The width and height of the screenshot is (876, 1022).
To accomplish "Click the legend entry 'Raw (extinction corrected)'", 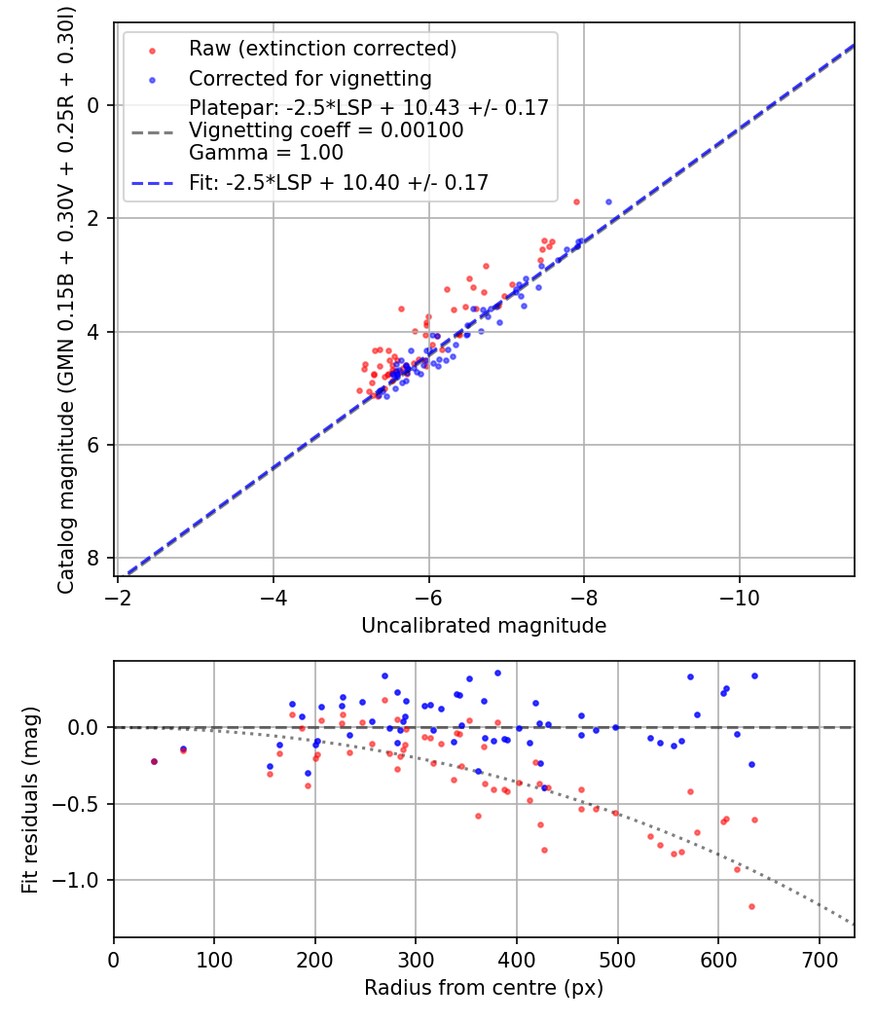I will pos(322,49).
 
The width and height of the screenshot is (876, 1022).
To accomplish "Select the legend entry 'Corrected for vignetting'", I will pos(310,78).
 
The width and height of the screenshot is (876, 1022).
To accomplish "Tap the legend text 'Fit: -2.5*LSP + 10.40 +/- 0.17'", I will pos(338,182).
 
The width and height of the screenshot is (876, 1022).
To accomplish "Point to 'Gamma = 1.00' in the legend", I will pos(266,152).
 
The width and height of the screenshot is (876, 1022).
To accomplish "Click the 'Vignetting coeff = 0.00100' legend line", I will pos(326,130).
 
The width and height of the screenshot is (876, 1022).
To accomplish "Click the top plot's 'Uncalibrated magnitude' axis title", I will pos(484,626).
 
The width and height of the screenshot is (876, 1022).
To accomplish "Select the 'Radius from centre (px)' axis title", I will pos(484,988).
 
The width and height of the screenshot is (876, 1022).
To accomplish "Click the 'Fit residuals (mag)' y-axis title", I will pos(30,799).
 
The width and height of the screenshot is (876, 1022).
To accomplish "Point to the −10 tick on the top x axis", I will pos(739,596).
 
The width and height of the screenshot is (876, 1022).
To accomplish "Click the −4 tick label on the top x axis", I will pos(273,596).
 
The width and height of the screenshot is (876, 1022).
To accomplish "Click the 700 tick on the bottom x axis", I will pos(819,958).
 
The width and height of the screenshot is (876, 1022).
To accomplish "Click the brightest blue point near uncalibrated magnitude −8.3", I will pos(608,201).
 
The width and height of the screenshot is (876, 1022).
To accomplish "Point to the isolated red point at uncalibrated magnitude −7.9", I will pos(576,201).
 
